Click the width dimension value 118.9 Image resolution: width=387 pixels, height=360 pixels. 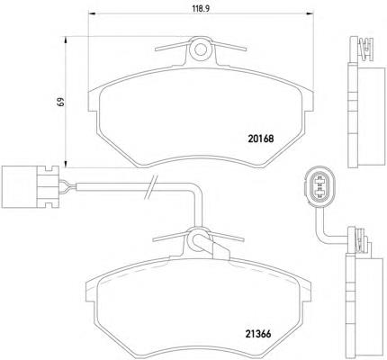(201, 8)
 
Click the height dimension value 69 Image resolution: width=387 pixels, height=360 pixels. (61, 102)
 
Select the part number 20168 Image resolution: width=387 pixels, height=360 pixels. (261, 139)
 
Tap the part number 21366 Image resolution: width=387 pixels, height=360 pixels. (258, 334)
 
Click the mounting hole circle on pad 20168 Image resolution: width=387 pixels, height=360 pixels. (200, 49)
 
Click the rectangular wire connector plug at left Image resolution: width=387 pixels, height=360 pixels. (30, 186)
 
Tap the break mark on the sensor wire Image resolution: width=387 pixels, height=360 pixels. (151, 187)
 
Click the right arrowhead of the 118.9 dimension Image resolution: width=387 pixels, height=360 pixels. (310, 13)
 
